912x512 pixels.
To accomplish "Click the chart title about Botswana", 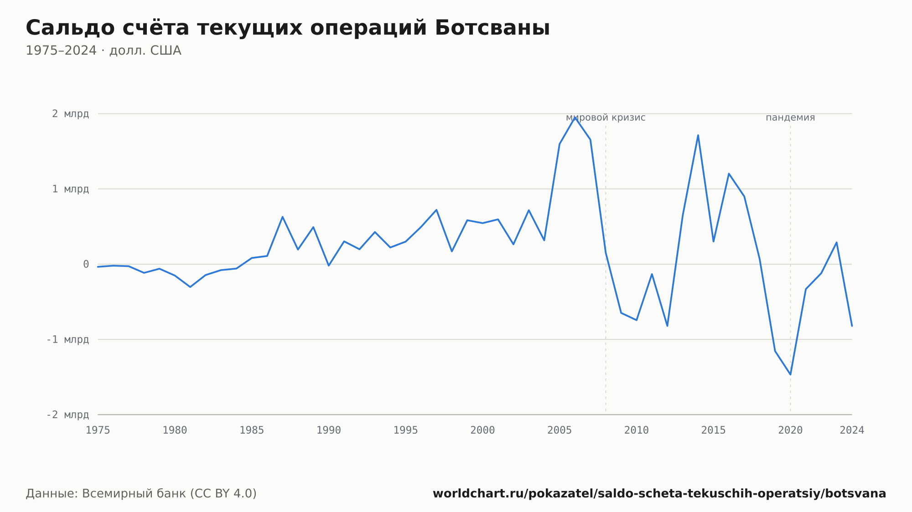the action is coord(288,28).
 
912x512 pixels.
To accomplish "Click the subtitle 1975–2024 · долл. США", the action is coord(104,51).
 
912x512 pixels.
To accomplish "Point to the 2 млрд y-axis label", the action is coord(70,114).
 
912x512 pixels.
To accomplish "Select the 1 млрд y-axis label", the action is coord(70,189).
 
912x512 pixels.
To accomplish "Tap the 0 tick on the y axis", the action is coord(86,264).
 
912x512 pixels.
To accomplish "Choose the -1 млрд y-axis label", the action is coord(67,339).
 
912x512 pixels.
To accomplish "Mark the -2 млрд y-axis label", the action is coord(67,415).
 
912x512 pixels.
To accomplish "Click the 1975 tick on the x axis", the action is coord(98,430).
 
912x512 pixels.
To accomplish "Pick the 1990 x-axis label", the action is coord(329,430).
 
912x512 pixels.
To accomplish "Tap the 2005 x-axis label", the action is coord(560,430).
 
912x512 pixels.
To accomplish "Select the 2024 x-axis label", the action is coord(852,430).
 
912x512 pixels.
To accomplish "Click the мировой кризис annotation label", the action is coord(606,118).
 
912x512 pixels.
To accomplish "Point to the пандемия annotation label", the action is coord(790,118).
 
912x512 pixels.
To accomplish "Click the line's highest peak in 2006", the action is coord(575,117).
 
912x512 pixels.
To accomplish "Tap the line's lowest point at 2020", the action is coord(790,374).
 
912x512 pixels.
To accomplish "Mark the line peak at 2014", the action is coord(698,135).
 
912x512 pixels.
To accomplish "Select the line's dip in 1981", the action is coord(190,287).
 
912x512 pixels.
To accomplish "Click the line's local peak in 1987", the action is coord(283,217).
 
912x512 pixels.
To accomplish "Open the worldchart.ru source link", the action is coord(659,493).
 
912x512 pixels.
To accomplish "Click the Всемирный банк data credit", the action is coord(141,493).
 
